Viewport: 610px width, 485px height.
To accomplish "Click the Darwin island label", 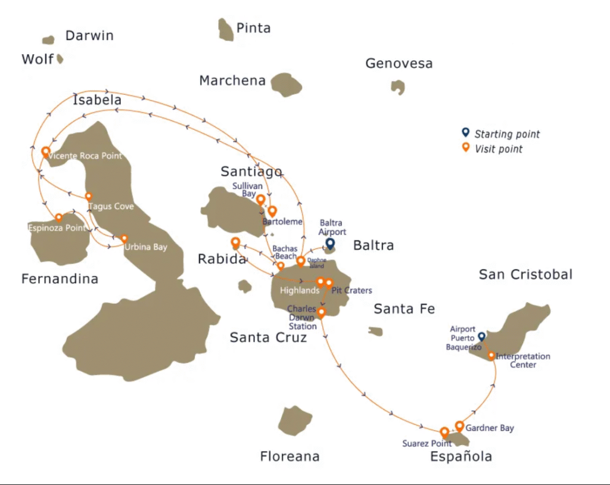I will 89,35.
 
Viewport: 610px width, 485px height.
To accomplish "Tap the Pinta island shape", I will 226,30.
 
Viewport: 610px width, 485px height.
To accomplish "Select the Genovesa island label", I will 399,63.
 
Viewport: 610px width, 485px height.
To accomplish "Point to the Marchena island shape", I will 286,84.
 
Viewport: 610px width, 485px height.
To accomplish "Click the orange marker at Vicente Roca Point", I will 46,152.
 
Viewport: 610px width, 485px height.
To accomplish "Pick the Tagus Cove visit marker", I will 89,196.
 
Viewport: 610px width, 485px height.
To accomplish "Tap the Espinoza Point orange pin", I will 58,218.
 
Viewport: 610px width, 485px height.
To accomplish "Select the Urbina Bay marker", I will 124,238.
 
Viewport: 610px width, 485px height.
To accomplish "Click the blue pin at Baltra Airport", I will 329,243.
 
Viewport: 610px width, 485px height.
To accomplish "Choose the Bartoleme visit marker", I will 272,211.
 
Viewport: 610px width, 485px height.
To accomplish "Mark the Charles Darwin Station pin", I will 321,312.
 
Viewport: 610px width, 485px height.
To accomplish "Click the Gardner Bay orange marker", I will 459,425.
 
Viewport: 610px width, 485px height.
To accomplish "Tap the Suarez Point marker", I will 444,432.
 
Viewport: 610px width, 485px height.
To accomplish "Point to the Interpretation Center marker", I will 491,356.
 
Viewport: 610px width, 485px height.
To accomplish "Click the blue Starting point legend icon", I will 466,133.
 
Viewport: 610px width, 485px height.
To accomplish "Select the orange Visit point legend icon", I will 466,148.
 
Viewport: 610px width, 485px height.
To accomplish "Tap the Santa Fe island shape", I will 375,331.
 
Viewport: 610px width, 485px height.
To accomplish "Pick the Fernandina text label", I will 60,279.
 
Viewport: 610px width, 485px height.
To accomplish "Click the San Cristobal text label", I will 525,274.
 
